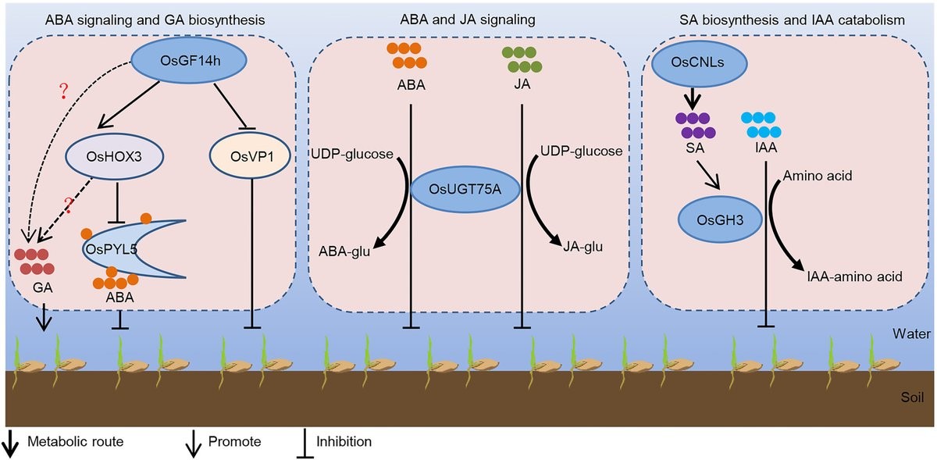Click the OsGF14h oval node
coord(189,60)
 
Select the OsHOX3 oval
coord(114,156)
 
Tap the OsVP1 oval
coord(250,155)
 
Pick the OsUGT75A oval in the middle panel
coord(465,189)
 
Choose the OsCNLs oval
coord(699,62)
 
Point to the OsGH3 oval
coord(720,219)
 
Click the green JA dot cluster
coord(522,59)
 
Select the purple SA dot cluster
coord(695,126)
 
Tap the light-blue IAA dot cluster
coord(761,125)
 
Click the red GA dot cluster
coord(34,262)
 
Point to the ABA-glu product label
coord(344,251)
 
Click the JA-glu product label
coord(583,247)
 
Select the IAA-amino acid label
coord(854,276)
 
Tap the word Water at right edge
coord(911,333)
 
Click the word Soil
coord(912,397)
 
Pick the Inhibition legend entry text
coord(344,441)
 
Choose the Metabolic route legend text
coord(76,441)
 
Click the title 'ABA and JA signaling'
coord(468,20)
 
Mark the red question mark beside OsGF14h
coord(63,91)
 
